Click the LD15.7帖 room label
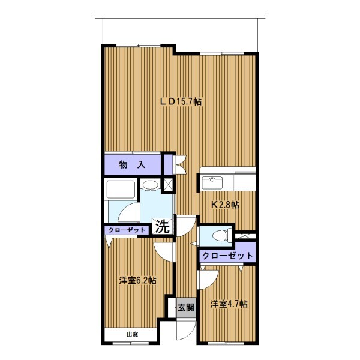pyautogui.click(x=181, y=101)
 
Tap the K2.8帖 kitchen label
pyautogui.click(x=225, y=205)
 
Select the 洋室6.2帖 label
pyautogui.click(x=138, y=280)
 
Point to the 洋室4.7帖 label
pyautogui.click(x=229, y=304)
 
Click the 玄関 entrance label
pyautogui.click(x=186, y=308)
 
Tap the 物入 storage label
pyautogui.click(x=132, y=164)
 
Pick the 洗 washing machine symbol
pyautogui.click(x=163, y=226)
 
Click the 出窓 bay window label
pyautogui.click(x=133, y=335)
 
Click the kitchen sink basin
pyautogui.click(x=212, y=182)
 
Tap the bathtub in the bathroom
pyautogui.click(x=121, y=190)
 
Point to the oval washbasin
pyautogui.click(x=149, y=185)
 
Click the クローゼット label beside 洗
pyautogui.click(x=127, y=230)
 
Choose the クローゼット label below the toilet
pyautogui.click(x=227, y=256)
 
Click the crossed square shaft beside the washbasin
pyautogui.click(x=168, y=184)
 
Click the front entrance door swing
pyautogui.click(x=186, y=331)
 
